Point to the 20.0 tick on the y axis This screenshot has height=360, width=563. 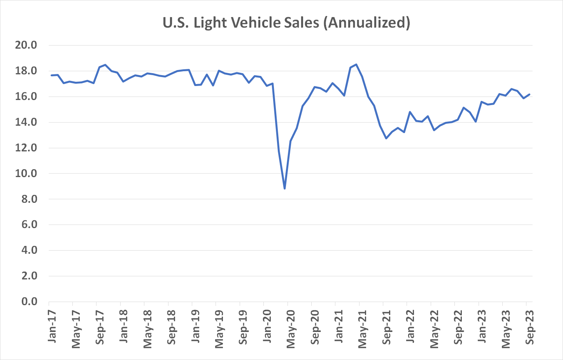pos(26,45)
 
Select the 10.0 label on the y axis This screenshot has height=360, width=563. pos(26,174)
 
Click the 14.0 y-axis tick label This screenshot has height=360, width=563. pos(26,122)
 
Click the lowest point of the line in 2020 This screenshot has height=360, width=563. pos(285,189)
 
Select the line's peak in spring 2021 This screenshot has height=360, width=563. pos(356,65)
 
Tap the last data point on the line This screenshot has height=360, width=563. pos(530,94)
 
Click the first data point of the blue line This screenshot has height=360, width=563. pos(52,75)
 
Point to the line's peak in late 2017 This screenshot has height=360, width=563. pos(105,65)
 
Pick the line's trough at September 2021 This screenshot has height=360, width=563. pos(386,138)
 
